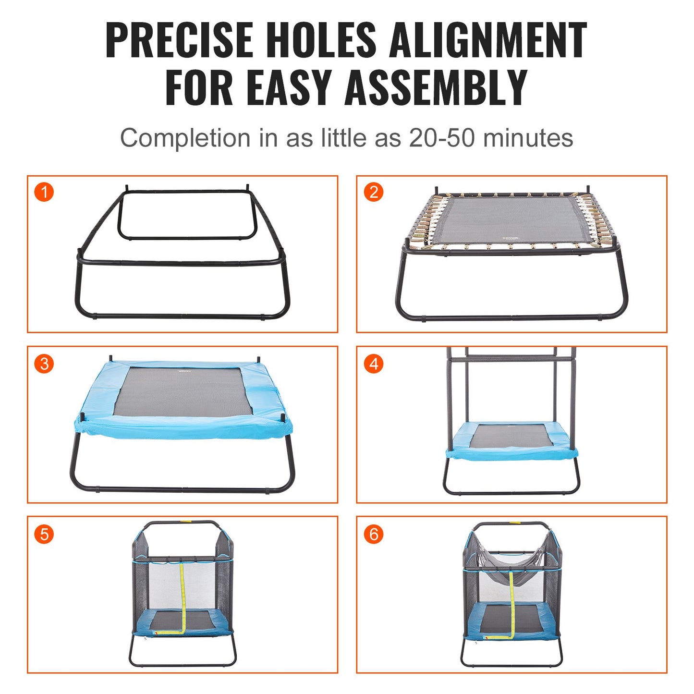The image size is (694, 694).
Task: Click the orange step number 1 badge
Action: [44, 193]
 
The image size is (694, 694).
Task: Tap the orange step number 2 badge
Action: [373, 193]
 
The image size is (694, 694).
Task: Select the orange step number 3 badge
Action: [44, 364]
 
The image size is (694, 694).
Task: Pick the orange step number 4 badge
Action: [373, 364]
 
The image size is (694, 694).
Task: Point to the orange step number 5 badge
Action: [44, 534]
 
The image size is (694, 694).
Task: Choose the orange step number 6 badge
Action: [373, 534]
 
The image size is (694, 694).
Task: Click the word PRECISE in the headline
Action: [179, 40]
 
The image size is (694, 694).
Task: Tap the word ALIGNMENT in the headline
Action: [488, 40]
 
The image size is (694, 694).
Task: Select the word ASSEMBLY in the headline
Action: [436, 87]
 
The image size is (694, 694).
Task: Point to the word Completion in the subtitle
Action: [185, 138]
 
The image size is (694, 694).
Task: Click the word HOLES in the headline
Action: [321, 40]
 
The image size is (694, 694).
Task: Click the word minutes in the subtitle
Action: [528, 138]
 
